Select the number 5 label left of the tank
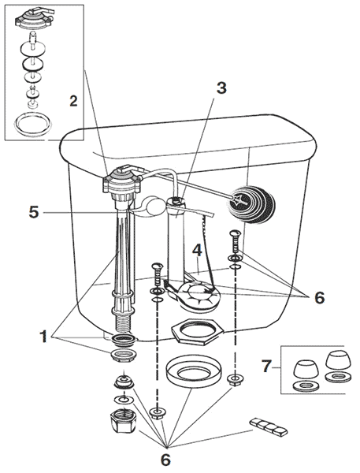pyautogui.click(x=32, y=212)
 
